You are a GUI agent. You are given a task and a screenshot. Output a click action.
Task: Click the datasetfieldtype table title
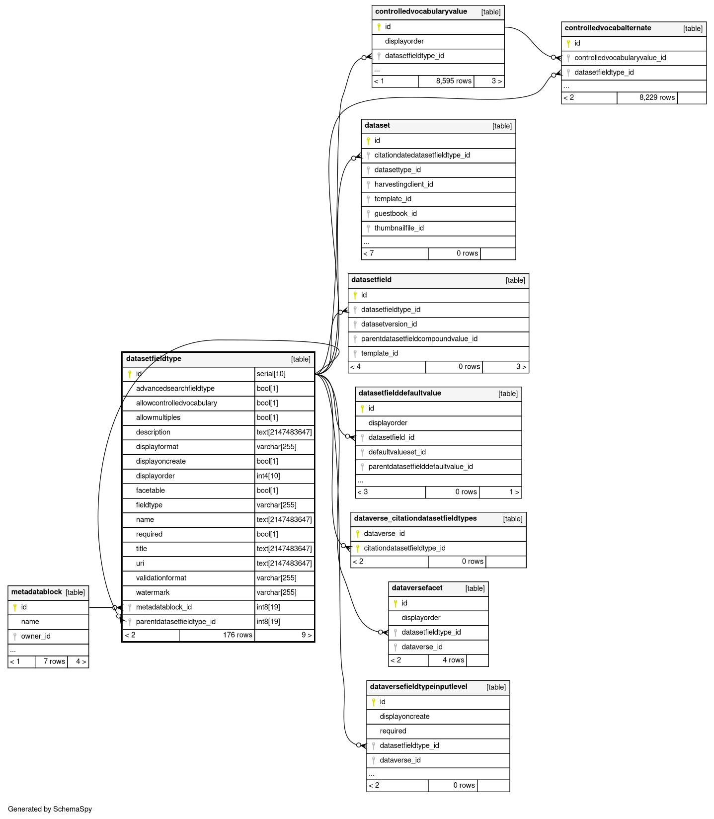[x=154, y=359]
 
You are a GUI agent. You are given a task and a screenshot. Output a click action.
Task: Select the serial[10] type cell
[x=271, y=374]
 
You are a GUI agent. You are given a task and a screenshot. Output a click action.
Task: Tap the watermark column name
[x=153, y=592]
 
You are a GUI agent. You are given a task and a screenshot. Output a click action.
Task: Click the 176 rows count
[x=238, y=635]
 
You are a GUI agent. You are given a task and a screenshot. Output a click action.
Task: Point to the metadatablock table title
[x=36, y=592]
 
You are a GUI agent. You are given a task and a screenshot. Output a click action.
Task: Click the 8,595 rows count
[x=454, y=81]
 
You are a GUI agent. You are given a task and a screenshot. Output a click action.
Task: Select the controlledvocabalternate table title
[x=608, y=28]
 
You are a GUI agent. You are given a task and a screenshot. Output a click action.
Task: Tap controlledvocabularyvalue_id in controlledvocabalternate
[x=620, y=58]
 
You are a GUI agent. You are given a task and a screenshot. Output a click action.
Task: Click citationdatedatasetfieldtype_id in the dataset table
[x=422, y=155]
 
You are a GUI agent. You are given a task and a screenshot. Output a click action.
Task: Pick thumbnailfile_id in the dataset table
[x=399, y=228]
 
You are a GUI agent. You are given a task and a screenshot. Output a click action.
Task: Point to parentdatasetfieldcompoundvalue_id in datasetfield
[x=419, y=339]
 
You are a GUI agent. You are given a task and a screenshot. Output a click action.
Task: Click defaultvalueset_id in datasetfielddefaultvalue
[x=397, y=452]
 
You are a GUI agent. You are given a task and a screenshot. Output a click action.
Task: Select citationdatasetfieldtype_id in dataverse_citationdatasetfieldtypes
[x=404, y=548]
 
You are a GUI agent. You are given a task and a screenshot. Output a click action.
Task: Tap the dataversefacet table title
[x=417, y=588]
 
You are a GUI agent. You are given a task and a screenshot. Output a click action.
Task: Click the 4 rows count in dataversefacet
[x=453, y=660]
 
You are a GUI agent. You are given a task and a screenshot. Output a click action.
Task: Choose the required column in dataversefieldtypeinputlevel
[x=393, y=731]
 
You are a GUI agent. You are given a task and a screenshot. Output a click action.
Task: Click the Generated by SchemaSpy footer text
[x=50, y=809]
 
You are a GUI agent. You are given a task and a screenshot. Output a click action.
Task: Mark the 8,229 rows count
[x=657, y=97]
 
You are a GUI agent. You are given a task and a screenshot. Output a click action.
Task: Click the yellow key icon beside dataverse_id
[x=357, y=534]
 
